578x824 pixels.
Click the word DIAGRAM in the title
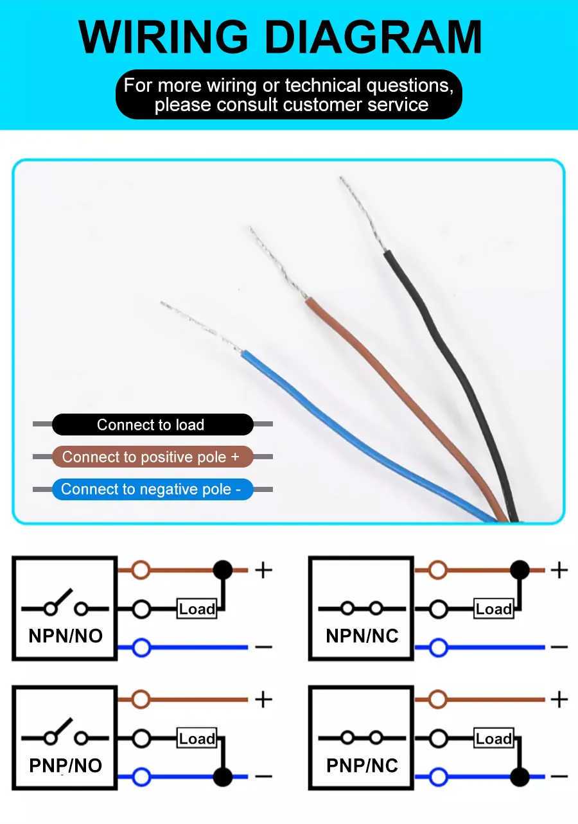tap(374, 37)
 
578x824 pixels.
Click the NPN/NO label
tap(66, 636)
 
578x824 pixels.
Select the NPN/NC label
tap(362, 636)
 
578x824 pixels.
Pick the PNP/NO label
tap(66, 766)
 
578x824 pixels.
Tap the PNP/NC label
tap(362, 766)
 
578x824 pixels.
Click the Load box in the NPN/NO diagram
tap(197, 609)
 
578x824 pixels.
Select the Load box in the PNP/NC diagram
tap(494, 739)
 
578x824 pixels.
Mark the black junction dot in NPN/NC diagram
tap(520, 570)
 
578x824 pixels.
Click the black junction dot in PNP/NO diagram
tap(223, 777)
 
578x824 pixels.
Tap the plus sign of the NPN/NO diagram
tap(263, 570)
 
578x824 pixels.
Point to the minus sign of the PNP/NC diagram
tap(559, 777)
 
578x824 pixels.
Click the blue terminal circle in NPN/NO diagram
tap(141, 647)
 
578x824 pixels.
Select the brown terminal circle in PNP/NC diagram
tap(438, 699)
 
